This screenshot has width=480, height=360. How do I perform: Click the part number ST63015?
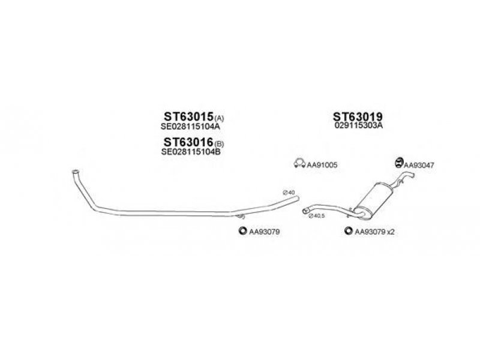click(x=188, y=116)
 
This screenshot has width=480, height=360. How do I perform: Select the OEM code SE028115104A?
click(x=190, y=127)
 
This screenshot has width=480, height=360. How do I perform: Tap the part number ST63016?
click(x=188, y=142)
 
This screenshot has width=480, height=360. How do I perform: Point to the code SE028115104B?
click(x=190, y=152)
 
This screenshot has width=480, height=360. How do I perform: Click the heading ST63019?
click(x=358, y=116)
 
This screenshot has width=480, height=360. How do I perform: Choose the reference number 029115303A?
click(x=359, y=125)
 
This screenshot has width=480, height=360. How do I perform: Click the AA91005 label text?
click(x=322, y=165)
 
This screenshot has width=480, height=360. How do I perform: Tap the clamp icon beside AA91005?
click(x=299, y=163)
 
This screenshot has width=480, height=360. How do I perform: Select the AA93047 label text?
click(x=419, y=166)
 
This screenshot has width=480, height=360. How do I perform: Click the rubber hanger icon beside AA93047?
click(x=399, y=163)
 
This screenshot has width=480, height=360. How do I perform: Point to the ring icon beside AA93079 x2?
click(x=349, y=231)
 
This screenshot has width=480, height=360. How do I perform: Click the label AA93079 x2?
click(x=374, y=232)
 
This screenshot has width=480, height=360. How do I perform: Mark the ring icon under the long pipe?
click(x=243, y=230)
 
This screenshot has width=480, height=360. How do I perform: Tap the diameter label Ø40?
click(x=289, y=193)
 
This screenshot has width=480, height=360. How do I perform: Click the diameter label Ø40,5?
click(x=317, y=216)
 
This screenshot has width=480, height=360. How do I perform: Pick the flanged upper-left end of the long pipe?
click(x=76, y=172)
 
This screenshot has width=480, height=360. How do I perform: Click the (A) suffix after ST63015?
click(x=219, y=118)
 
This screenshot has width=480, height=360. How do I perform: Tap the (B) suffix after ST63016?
click(x=219, y=143)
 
